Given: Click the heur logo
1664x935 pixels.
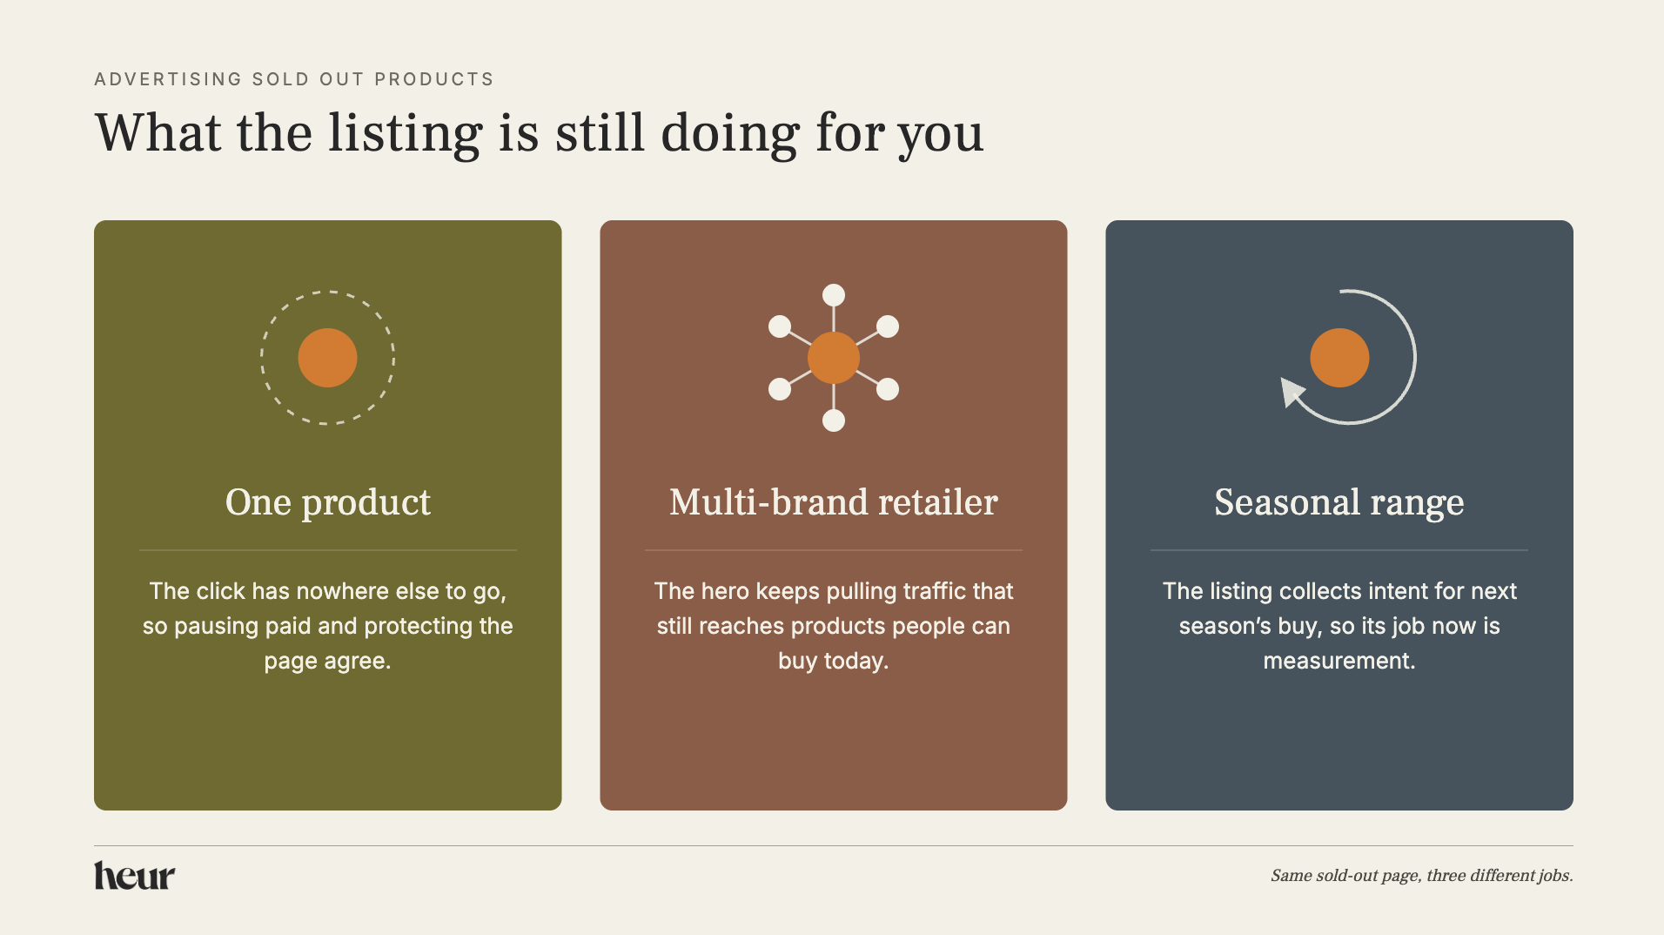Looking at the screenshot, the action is pyautogui.click(x=134, y=876).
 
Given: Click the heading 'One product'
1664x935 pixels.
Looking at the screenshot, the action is pyautogui.click(x=328, y=503).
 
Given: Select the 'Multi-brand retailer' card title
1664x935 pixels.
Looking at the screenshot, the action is pyautogui.click(x=834, y=502).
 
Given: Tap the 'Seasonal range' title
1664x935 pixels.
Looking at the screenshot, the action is pyautogui.click(x=1339, y=503).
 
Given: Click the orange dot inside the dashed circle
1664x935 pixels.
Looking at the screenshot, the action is pyautogui.click(x=327, y=358).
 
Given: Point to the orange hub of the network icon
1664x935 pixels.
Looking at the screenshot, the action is pyautogui.click(x=834, y=358).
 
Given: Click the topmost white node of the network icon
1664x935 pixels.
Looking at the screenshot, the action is pyautogui.click(x=834, y=295).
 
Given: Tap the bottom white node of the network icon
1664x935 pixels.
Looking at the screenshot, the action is pyautogui.click(x=834, y=420).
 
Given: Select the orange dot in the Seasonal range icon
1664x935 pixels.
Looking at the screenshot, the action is pyautogui.click(x=1339, y=358).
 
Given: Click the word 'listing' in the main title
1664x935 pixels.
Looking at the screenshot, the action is pyautogui.click(x=405, y=135).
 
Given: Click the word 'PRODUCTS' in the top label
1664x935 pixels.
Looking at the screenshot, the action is pyautogui.click(x=434, y=79).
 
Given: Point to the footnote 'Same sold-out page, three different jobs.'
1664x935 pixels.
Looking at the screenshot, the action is pyautogui.click(x=1422, y=876).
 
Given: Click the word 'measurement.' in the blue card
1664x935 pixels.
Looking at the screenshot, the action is pyautogui.click(x=1339, y=661).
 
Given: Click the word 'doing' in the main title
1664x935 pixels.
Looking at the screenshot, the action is pyautogui.click(x=730, y=135).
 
